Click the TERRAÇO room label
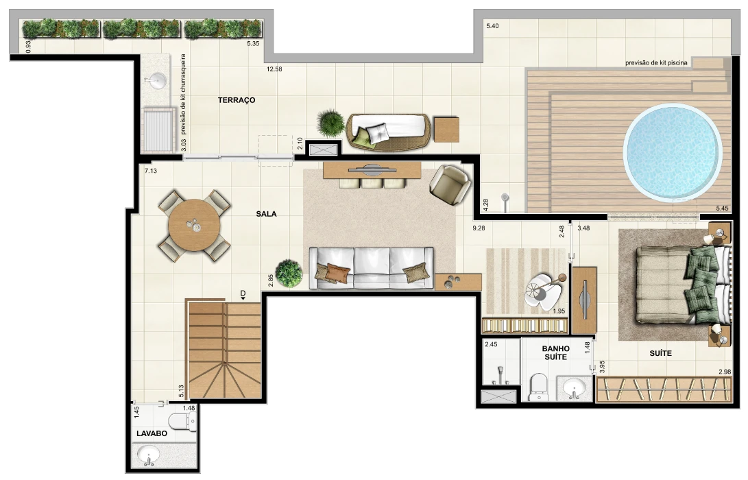237,100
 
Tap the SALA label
266,214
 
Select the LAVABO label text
152,434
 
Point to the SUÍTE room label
661,354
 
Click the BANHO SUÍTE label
556,353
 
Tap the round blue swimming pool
672,153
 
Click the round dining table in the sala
194,225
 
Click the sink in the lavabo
148,455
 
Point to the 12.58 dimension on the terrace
274,69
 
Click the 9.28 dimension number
479,228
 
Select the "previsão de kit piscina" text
656,63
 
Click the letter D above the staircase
242,293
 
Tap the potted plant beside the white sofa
289,274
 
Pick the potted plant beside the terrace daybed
330,123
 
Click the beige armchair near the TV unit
450,184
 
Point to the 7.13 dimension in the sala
151,171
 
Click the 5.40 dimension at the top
492,26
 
